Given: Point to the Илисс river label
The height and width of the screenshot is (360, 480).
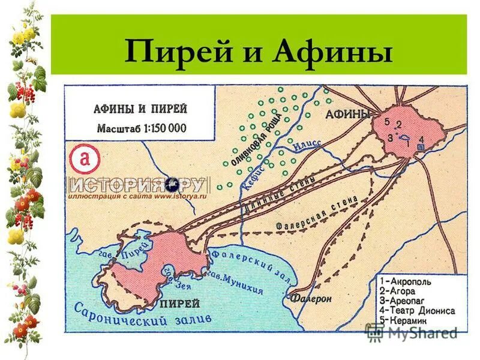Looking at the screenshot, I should coord(307,145).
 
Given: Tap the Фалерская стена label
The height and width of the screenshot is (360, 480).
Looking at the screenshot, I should coord(317,214).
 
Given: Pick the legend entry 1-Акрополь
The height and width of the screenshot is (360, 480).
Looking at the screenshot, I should coord(406,281).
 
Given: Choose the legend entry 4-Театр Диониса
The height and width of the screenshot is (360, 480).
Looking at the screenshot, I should coord(418,311).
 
